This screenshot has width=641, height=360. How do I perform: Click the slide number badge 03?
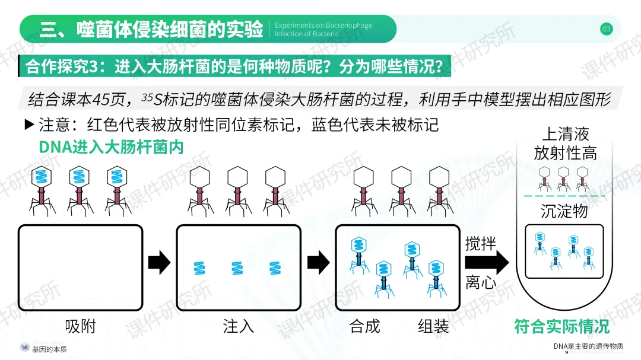[x=606, y=28]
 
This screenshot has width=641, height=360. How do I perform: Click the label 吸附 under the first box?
[x=80, y=326]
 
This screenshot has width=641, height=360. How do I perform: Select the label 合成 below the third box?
[x=364, y=326]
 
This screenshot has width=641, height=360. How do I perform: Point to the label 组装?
[x=433, y=326]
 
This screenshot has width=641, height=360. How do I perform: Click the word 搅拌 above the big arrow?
[x=480, y=244]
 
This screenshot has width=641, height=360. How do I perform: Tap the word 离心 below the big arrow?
[x=480, y=282]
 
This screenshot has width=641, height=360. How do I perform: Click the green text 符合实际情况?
[x=561, y=326]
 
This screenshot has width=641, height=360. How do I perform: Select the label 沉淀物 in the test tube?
[x=564, y=211]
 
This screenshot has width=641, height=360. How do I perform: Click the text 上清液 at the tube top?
[x=565, y=134]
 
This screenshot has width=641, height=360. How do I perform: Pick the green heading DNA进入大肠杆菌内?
[x=111, y=147]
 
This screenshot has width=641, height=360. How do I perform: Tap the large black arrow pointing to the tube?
[x=496, y=263]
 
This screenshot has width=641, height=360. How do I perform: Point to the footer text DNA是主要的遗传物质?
[x=588, y=346]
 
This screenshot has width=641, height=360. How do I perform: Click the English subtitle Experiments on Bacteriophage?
[x=323, y=26]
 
